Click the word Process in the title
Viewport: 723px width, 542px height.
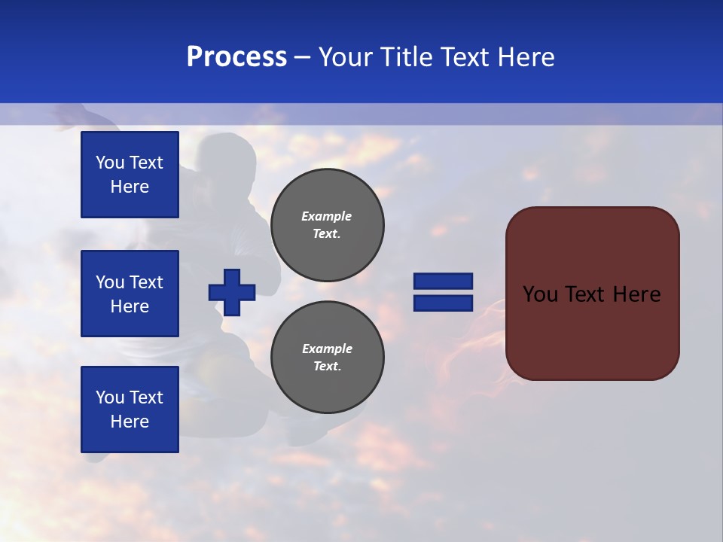[x=236, y=57]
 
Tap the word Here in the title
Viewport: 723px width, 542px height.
[x=524, y=57]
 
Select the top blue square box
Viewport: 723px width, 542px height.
[x=130, y=175]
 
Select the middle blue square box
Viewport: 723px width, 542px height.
[x=130, y=294]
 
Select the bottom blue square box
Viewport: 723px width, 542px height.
[x=130, y=410]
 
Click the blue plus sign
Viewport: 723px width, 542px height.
[x=232, y=292]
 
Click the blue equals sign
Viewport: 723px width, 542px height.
[x=443, y=292]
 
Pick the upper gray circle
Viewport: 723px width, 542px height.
[x=328, y=225]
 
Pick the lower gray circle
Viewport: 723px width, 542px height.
[x=328, y=358]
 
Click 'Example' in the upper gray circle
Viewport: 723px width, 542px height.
[x=326, y=216]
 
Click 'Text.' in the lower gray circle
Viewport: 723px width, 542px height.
[x=326, y=367]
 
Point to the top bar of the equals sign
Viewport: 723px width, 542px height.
[x=443, y=282]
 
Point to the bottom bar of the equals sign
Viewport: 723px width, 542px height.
[x=443, y=303]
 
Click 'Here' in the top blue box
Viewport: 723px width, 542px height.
[x=130, y=187]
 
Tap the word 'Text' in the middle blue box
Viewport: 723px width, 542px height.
[x=145, y=282]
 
